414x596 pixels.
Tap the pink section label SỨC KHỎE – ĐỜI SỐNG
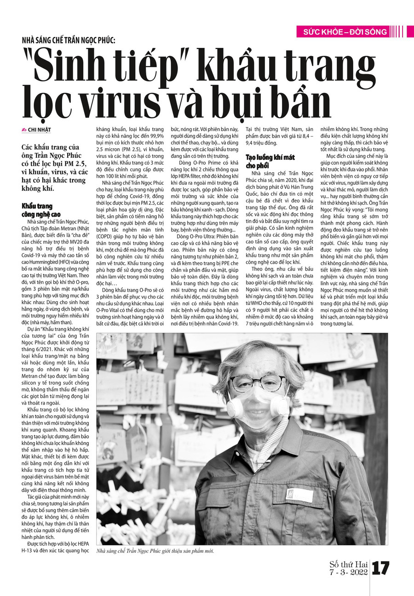click(x=345, y=32)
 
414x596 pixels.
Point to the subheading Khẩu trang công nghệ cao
click(x=41, y=210)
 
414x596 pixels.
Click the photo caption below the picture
click(x=155, y=551)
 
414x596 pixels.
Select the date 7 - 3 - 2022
click(x=349, y=572)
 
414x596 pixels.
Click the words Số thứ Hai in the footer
click(x=349, y=564)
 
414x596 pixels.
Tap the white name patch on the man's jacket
click(x=299, y=495)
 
